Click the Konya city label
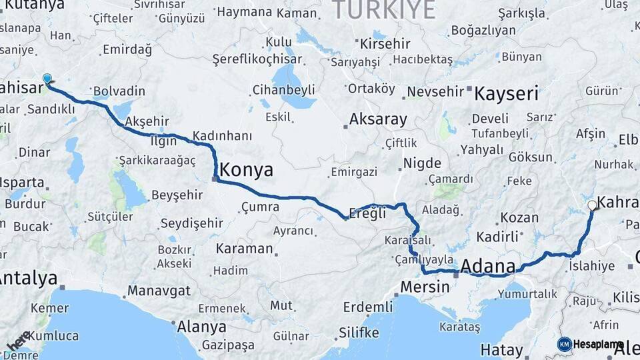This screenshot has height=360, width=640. click(x=246, y=170)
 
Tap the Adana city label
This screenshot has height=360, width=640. click(x=487, y=267)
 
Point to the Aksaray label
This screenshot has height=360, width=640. click(x=378, y=120)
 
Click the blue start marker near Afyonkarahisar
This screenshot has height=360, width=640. click(x=47, y=79)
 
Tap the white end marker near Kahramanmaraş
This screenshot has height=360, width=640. click(x=591, y=205)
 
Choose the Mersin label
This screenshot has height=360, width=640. click(x=425, y=287)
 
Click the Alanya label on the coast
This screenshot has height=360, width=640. click(x=201, y=327)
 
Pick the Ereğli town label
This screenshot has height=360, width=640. click(x=368, y=214)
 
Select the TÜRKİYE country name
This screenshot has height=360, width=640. click(x=383, y=10)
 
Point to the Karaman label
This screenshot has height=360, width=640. click(x=244, y=249)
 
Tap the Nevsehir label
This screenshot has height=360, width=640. click(x=435, y=91)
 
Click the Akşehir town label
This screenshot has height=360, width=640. click(x=147, y=121)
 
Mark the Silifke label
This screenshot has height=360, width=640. click(x=359, y=333)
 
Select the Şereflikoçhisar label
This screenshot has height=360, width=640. click(x=257, y=59)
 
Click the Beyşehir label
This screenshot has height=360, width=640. click(x=177, y=195)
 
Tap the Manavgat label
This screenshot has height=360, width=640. click(x=159, y=291)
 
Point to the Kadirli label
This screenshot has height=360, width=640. click(x=497, y=237)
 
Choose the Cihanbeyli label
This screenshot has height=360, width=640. click(x=284, y=89)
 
